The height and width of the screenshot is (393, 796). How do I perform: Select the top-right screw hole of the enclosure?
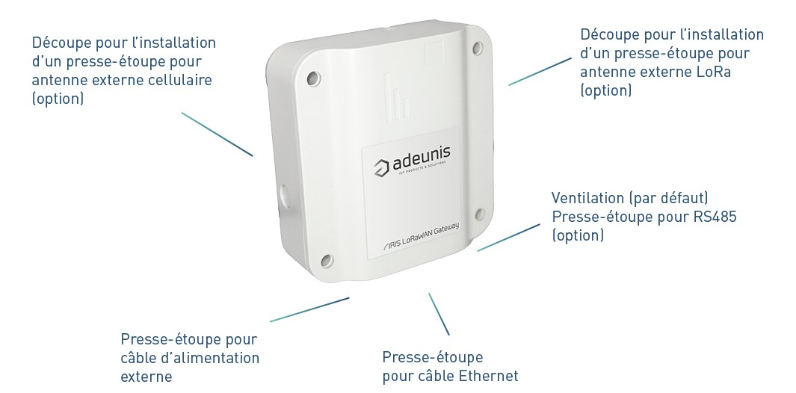[477, 49]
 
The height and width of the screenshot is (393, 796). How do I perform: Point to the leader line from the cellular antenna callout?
[217, 134]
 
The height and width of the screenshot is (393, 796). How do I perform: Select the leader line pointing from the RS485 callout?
[508, 237]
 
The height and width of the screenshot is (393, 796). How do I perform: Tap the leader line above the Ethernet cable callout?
[439, 313]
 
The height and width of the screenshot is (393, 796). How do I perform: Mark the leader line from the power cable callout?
[309, 309]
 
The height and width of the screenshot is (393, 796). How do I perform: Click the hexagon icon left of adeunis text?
[380, 166]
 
